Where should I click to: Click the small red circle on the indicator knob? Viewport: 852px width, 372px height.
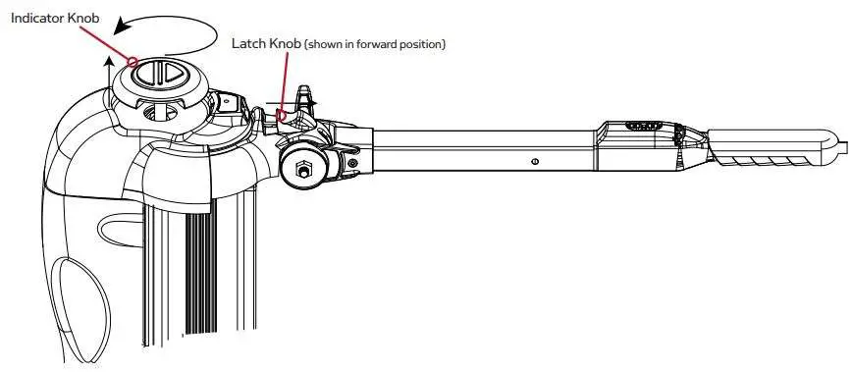pyautogui.click(x=132, y=62)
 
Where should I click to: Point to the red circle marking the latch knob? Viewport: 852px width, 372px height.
pyautogui.click(x=283, y=115)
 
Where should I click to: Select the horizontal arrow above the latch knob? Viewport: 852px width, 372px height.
pyautogui.click(x=294, y=100)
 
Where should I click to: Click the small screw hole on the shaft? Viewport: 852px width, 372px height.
pyautogui.click(x=533, y=161)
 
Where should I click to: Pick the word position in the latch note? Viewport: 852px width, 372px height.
pyautogui.click(x=423, y=44)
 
